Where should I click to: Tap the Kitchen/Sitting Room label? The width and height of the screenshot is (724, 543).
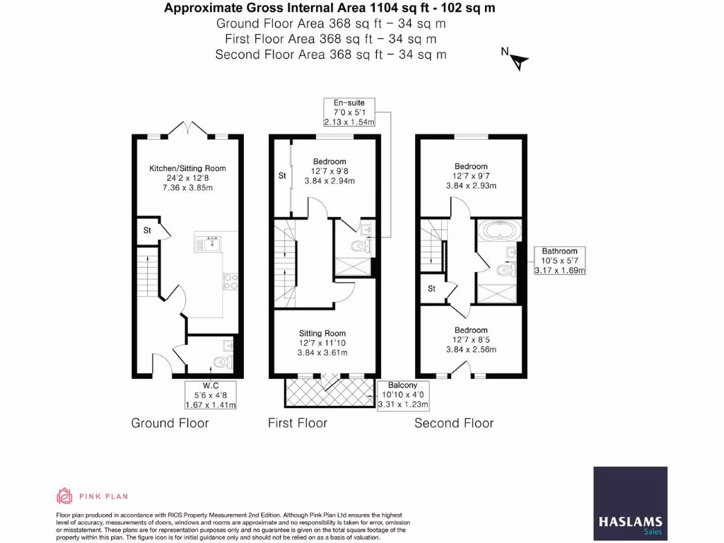point(187,168)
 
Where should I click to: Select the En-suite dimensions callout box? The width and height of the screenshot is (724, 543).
point(349,112)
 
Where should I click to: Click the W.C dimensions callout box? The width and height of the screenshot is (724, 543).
point(210,395)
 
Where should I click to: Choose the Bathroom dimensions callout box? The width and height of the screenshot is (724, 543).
point(559,261)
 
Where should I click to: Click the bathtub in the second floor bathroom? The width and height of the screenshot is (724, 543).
point(499,232)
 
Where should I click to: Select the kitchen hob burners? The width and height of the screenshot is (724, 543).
point(230,282)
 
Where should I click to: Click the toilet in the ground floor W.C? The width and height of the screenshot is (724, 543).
point(223,362)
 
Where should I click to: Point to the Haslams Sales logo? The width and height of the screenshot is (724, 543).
point(630,501)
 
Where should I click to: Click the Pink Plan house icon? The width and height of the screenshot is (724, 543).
point(65,496)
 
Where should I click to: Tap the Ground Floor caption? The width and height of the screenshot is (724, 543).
point(170,423)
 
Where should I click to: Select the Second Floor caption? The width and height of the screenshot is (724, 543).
point(453,423)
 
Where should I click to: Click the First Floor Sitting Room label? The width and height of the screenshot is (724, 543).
point(322,333)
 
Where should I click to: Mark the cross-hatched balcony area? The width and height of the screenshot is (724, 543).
point(329,392)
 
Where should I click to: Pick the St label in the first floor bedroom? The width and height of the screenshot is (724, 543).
point(281,175)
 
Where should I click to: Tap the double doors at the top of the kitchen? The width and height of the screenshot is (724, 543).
point(187,129)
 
